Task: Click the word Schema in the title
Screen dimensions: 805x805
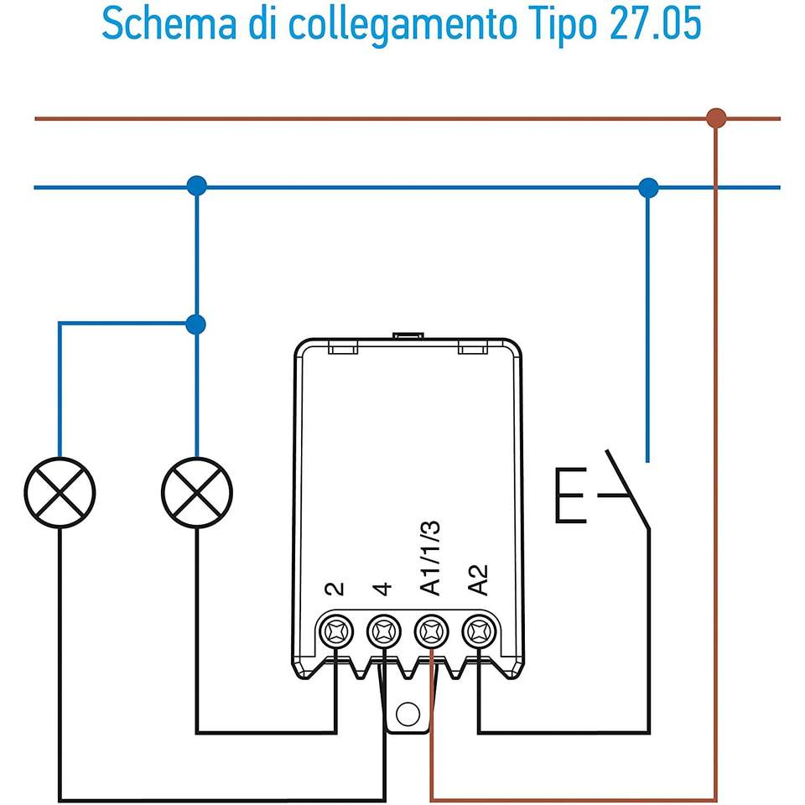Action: pos(169,23)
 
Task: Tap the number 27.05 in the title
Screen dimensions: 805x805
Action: pos(655,23)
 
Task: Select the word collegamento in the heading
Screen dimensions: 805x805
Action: pos(402,27)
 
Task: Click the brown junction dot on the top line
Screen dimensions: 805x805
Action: pos(716,118)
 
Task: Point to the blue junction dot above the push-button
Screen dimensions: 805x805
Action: pos(648,188)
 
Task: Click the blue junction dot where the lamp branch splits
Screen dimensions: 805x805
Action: pos(196,325)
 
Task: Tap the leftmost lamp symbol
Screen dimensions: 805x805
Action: pos(60,492)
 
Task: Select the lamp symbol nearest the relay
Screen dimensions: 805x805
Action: pos(196,492)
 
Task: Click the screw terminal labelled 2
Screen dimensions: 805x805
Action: pos(335,631)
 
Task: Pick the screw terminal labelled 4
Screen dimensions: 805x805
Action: pos(384,631)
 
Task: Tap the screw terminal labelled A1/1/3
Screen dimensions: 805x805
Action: pos(432,631)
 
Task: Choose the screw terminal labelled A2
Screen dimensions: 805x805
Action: pos(480,631)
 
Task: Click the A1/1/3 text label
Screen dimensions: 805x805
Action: pos(430,558)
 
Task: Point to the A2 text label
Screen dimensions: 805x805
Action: pos(478,580)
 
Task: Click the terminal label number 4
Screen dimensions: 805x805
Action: pos(383,589)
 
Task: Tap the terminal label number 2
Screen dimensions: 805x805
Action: pos(335,589)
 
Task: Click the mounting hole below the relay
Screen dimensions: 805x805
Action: pos(408,714)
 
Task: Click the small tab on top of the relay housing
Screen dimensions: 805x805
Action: pos(408,335)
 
